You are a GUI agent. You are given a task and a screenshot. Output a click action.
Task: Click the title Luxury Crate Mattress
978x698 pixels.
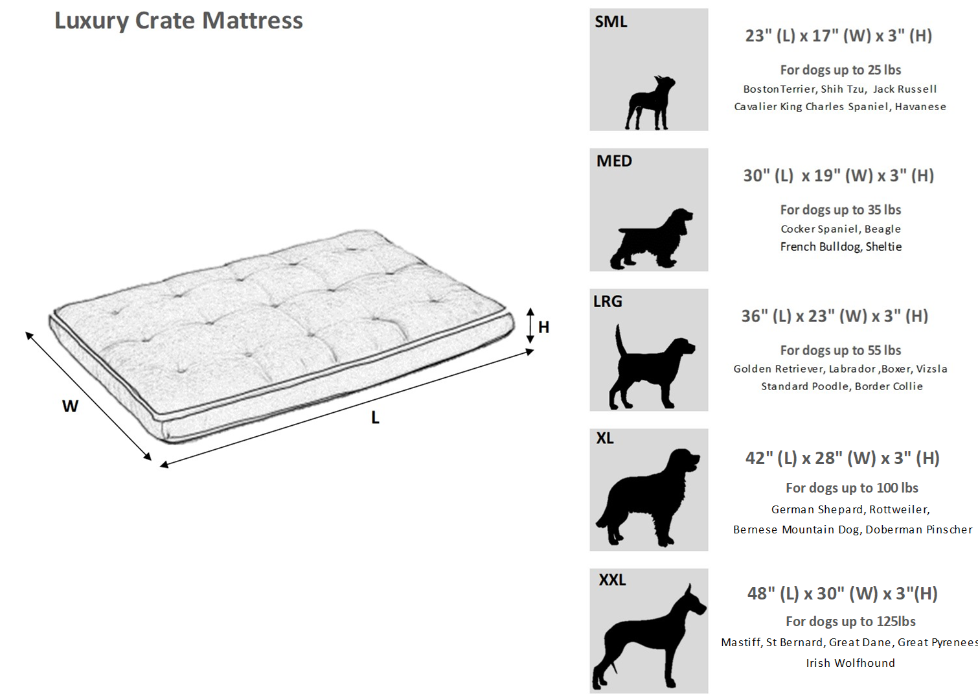pyautogui.click(x=178, y=21)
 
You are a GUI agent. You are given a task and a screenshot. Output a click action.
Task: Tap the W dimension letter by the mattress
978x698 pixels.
pyautogui.click(x=70, y=406)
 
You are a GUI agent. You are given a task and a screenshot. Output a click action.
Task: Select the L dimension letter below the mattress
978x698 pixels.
pyautogui.click(x=375, y=418)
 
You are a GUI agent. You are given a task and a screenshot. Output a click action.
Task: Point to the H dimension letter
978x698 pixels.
pyautogui.click(x=543, y=327)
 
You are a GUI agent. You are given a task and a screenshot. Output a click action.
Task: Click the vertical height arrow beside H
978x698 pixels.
pyautogui.click(x=530, y=325)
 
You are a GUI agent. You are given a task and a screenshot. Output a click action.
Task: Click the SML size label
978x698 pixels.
pyautogui.click(x=611, y=22)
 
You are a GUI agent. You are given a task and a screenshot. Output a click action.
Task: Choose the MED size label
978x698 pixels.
pyautogui.click(x=614, y=161)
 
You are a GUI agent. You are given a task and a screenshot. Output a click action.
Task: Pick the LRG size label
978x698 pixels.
pyautogui.click(x=608, y=301)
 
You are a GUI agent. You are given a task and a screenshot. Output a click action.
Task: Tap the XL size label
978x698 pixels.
pyautogui.click(x=605, y=438)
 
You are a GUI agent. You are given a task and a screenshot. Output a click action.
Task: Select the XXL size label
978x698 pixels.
pyautogui.click(x=612, y=579)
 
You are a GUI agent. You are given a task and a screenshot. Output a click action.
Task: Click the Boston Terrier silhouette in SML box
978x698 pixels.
pyautogui.click(x=650, y=104)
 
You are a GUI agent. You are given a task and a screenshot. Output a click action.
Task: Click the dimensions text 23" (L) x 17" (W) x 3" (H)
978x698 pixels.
pyautogui.click(x=839, y=36)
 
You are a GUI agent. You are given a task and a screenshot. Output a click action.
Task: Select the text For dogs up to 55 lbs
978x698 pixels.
pyautogui.click(x=840, y=350)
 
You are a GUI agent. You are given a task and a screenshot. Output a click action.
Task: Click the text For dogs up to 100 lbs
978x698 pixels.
pyautogui.click(x=852, y=488)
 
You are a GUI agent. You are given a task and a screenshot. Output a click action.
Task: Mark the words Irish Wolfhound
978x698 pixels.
pyautogui.click(x=850, y=663)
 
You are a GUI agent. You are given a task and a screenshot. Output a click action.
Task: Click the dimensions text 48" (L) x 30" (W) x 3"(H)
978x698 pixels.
pyautogui.click(x=842, y=594)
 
